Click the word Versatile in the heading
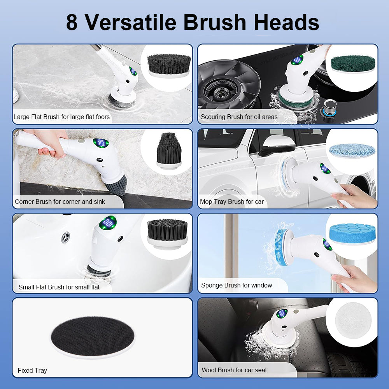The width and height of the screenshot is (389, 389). click(x=132, y=23)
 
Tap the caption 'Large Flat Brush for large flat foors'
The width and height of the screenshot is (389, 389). click(x=61, y=117)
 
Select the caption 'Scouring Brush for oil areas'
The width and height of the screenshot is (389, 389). click(x=239, y=117)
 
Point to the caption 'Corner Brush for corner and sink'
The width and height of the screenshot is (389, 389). click(x=60, y=202)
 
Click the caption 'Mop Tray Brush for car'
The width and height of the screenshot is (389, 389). click(x=231, y=202)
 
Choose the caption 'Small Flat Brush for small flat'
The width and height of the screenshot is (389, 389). click(x=59, y=287)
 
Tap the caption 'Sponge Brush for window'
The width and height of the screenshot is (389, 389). click(x=236, y=285)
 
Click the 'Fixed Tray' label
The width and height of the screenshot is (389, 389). click(x=32, y=370)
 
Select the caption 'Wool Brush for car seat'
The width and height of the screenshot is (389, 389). click(x=234, y=370)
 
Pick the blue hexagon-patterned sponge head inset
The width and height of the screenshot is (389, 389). click(x=352, y=233)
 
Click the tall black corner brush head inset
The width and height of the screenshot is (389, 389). click(x=169, y=150)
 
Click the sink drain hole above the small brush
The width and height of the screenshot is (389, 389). click(x=66, y=237)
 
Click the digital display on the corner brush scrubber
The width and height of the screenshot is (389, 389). click(x=101, y=143)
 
